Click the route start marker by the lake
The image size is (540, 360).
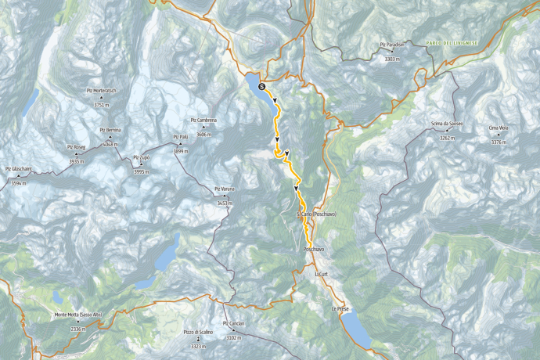click(x=262, y=86)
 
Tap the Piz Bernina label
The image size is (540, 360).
click(x=110, y=130)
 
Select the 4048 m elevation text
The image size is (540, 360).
click(x=110, y=145)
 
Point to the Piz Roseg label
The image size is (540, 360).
click(x=77, y=147)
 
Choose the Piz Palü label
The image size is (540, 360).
click(x=179, y=137)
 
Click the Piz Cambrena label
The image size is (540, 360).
click(x=203, y=120)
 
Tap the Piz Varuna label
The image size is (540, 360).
click(x=224, y=189)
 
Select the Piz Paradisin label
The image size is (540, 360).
click(x=393, y=45)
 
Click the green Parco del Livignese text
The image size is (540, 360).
click(x=451, y=42)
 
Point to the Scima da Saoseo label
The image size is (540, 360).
click(x=447, y=124)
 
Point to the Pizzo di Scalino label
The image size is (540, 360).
click(x=198, y=332)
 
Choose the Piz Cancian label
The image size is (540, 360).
click(x=234, y=323)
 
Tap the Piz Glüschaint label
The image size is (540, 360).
click(x=18, y=168)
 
